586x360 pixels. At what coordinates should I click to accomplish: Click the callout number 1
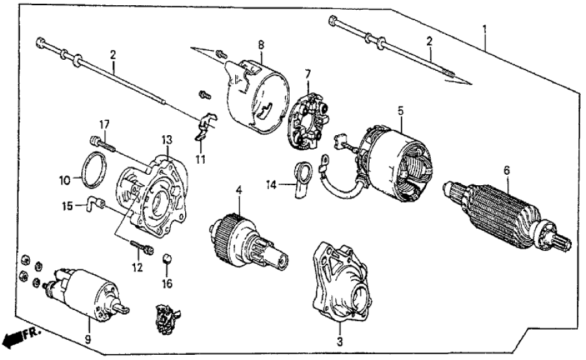pyautogui.click(x=484, y=29)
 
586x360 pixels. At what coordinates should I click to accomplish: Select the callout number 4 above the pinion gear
pyautogui.click(x=238, y=190)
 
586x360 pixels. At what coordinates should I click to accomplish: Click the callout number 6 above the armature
pyautogui.click(x=507, y=170)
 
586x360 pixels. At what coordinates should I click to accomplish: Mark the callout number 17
pyautogui.click(x=102, y=123)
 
